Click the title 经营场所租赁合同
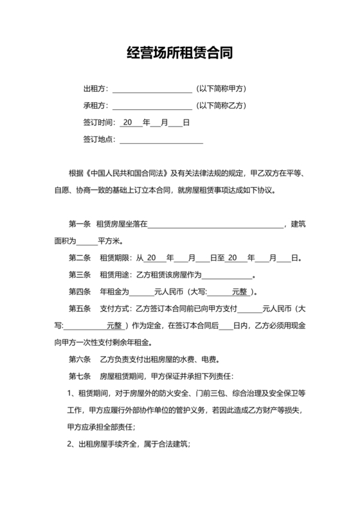(x=179, y=53)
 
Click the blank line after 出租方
(x=152, y=89)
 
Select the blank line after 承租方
(x=152, y=105)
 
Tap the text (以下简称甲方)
(x=222, y=89)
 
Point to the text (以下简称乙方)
(x=222, y=105)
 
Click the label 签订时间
(x=98, y=122)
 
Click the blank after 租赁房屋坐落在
(x=216, y=224)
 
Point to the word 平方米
(x=110, y=241)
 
